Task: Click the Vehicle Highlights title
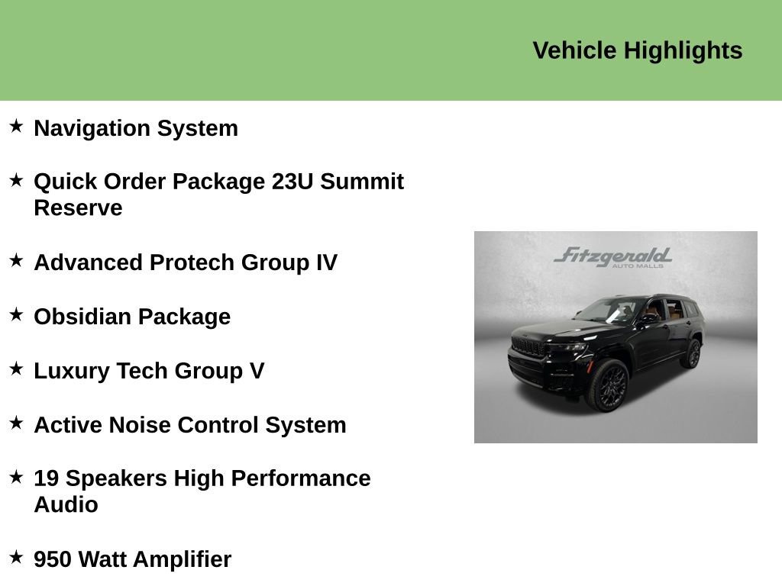tap(637, 50)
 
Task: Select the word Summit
tap(362, 182)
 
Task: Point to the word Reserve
tap(78, 208)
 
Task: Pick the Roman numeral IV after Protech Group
tap(326, 262)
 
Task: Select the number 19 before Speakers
tap(46, 478)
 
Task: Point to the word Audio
tap(66, 504)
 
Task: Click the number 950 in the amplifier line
tap(53, 559)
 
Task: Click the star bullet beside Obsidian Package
tap(16, 314)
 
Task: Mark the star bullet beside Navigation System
tap(16, 125)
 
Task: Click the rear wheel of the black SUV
tap(693, 354)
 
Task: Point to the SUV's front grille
tap(528, 346)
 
